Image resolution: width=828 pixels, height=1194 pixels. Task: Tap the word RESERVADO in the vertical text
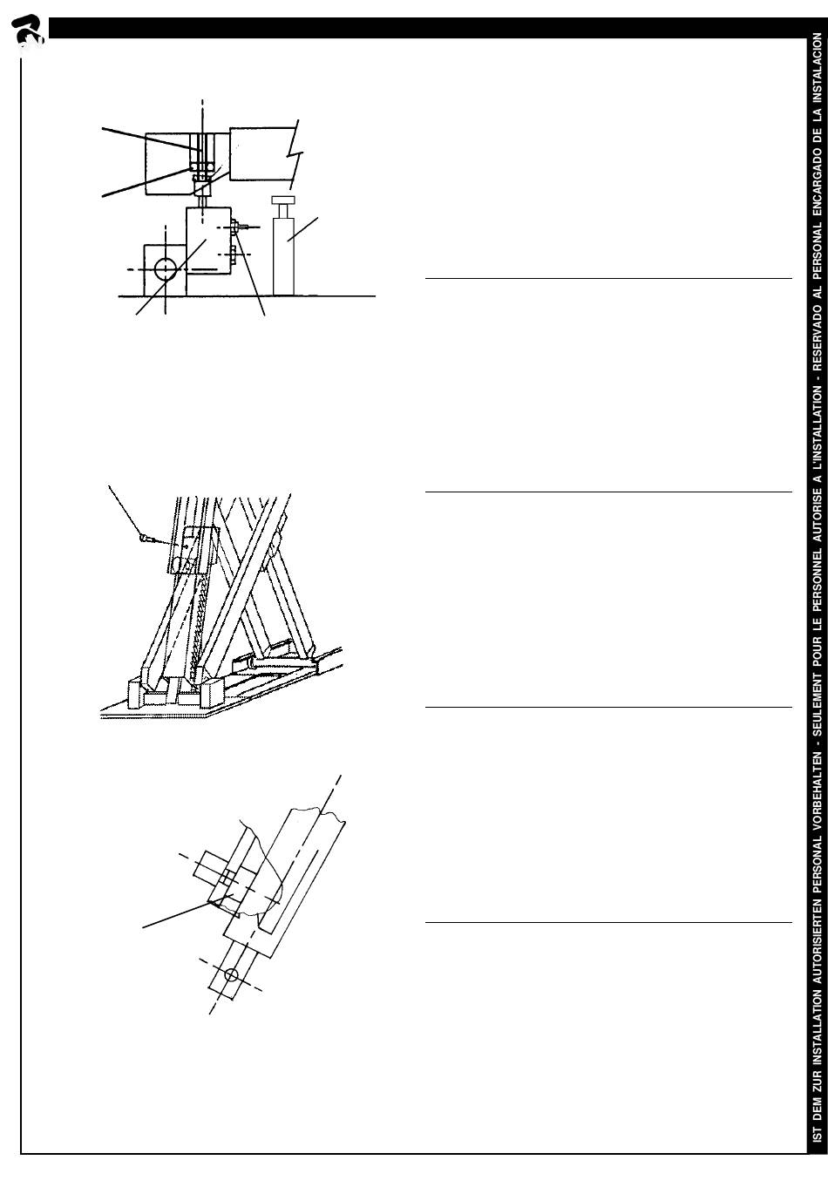(818, 331)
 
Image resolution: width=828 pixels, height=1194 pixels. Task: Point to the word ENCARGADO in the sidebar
(818, 166)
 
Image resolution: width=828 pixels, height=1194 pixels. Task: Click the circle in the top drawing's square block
(166, 269)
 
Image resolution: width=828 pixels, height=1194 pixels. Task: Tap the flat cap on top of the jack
(282, 200)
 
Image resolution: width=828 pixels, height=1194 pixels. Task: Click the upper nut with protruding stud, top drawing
(238, 227)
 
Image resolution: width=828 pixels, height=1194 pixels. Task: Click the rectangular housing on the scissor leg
(193, 550)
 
